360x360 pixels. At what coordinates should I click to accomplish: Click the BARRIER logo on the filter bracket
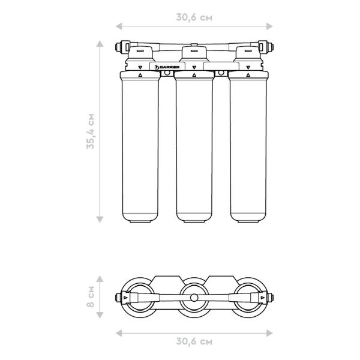[x=167, y=67]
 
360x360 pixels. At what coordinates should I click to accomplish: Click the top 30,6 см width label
[x=194, y=17]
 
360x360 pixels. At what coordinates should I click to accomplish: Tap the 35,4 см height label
[x=91, y=131]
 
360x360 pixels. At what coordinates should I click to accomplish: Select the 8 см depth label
[x=91, y=296]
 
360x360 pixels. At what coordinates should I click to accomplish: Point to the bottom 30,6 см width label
[x=194, y=341]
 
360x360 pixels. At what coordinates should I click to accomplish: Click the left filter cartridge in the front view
[x=140, y=146]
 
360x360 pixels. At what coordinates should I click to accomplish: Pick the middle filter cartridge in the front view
[x=194, y=146]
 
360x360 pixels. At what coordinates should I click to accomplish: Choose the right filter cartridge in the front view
[x=248, y=146]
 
